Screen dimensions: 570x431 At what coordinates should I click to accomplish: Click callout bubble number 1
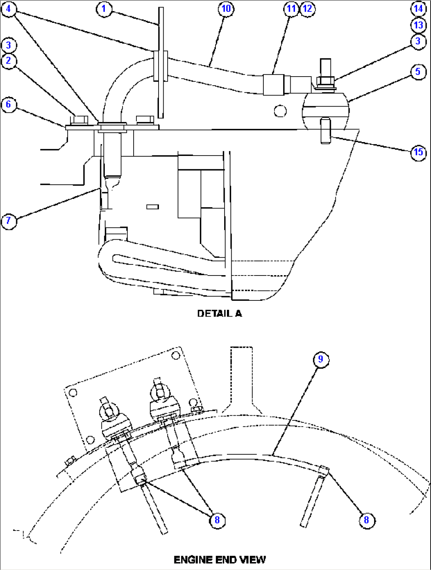104,9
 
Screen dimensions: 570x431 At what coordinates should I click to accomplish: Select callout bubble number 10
226,9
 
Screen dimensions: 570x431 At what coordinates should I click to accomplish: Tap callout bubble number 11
291,9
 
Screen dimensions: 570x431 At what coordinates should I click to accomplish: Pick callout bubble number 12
308,9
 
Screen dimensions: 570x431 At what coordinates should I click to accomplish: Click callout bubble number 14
418,8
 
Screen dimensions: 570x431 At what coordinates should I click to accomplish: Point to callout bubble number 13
418,25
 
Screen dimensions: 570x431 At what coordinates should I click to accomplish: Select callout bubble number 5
418,72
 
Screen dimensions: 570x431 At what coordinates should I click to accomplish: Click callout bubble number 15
418,152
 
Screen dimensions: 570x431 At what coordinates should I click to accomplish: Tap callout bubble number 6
9,105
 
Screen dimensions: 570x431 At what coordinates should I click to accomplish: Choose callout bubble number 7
9,221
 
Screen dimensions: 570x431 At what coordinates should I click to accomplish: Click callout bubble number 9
321,359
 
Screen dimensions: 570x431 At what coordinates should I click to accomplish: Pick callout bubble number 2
9,61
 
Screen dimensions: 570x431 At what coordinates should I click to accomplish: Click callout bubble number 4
9,9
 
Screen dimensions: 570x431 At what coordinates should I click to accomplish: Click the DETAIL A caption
219,313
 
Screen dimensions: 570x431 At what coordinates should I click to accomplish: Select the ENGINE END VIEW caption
219,560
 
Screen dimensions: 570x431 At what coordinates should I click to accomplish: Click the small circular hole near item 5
280,111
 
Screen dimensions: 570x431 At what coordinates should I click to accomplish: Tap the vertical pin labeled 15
325,131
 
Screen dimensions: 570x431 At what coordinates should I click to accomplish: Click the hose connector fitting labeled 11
274,84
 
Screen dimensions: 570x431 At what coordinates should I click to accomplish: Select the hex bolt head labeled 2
81,120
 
